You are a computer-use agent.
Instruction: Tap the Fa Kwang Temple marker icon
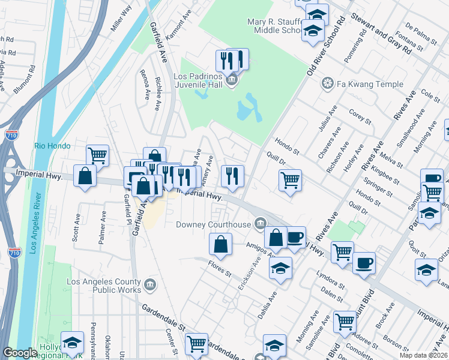[x=328, y=83]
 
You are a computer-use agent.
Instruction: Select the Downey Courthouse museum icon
[x=260, y=224]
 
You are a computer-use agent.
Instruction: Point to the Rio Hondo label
[x=52, y=146]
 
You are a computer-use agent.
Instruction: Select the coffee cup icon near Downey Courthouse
[x=294, y=236]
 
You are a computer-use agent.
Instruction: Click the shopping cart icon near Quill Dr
[x=290, y=179]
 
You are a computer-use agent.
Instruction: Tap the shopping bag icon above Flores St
[x=220, y=243]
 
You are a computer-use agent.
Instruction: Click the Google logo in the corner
[x=20, y=353]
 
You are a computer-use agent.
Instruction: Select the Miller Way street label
[x=121, y=18]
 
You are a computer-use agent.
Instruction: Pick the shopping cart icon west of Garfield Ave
[x=97, y=155]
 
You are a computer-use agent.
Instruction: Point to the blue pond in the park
[x=248, y=108]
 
